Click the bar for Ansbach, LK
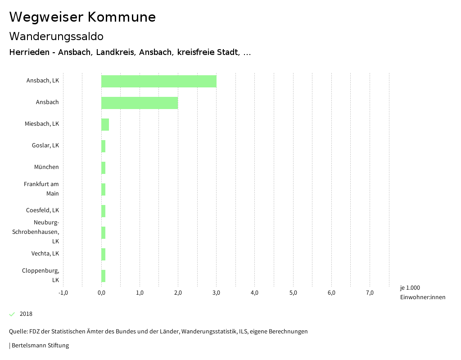158,81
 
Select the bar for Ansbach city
140,103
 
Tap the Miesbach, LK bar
105,124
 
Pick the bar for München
103,168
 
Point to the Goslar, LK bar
103,146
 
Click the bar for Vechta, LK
103,254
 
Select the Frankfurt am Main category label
41,189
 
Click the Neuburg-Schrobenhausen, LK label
42,232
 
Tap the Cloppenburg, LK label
41,275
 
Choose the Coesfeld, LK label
42,210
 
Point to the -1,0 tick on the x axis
63,293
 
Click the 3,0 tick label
216,293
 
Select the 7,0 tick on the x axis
370,293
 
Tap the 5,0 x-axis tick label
293,293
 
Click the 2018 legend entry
26,314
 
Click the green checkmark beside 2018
12,314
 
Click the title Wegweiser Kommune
82,17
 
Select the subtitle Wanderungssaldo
56,36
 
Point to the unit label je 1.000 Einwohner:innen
422,292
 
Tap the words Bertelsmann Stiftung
40,346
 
